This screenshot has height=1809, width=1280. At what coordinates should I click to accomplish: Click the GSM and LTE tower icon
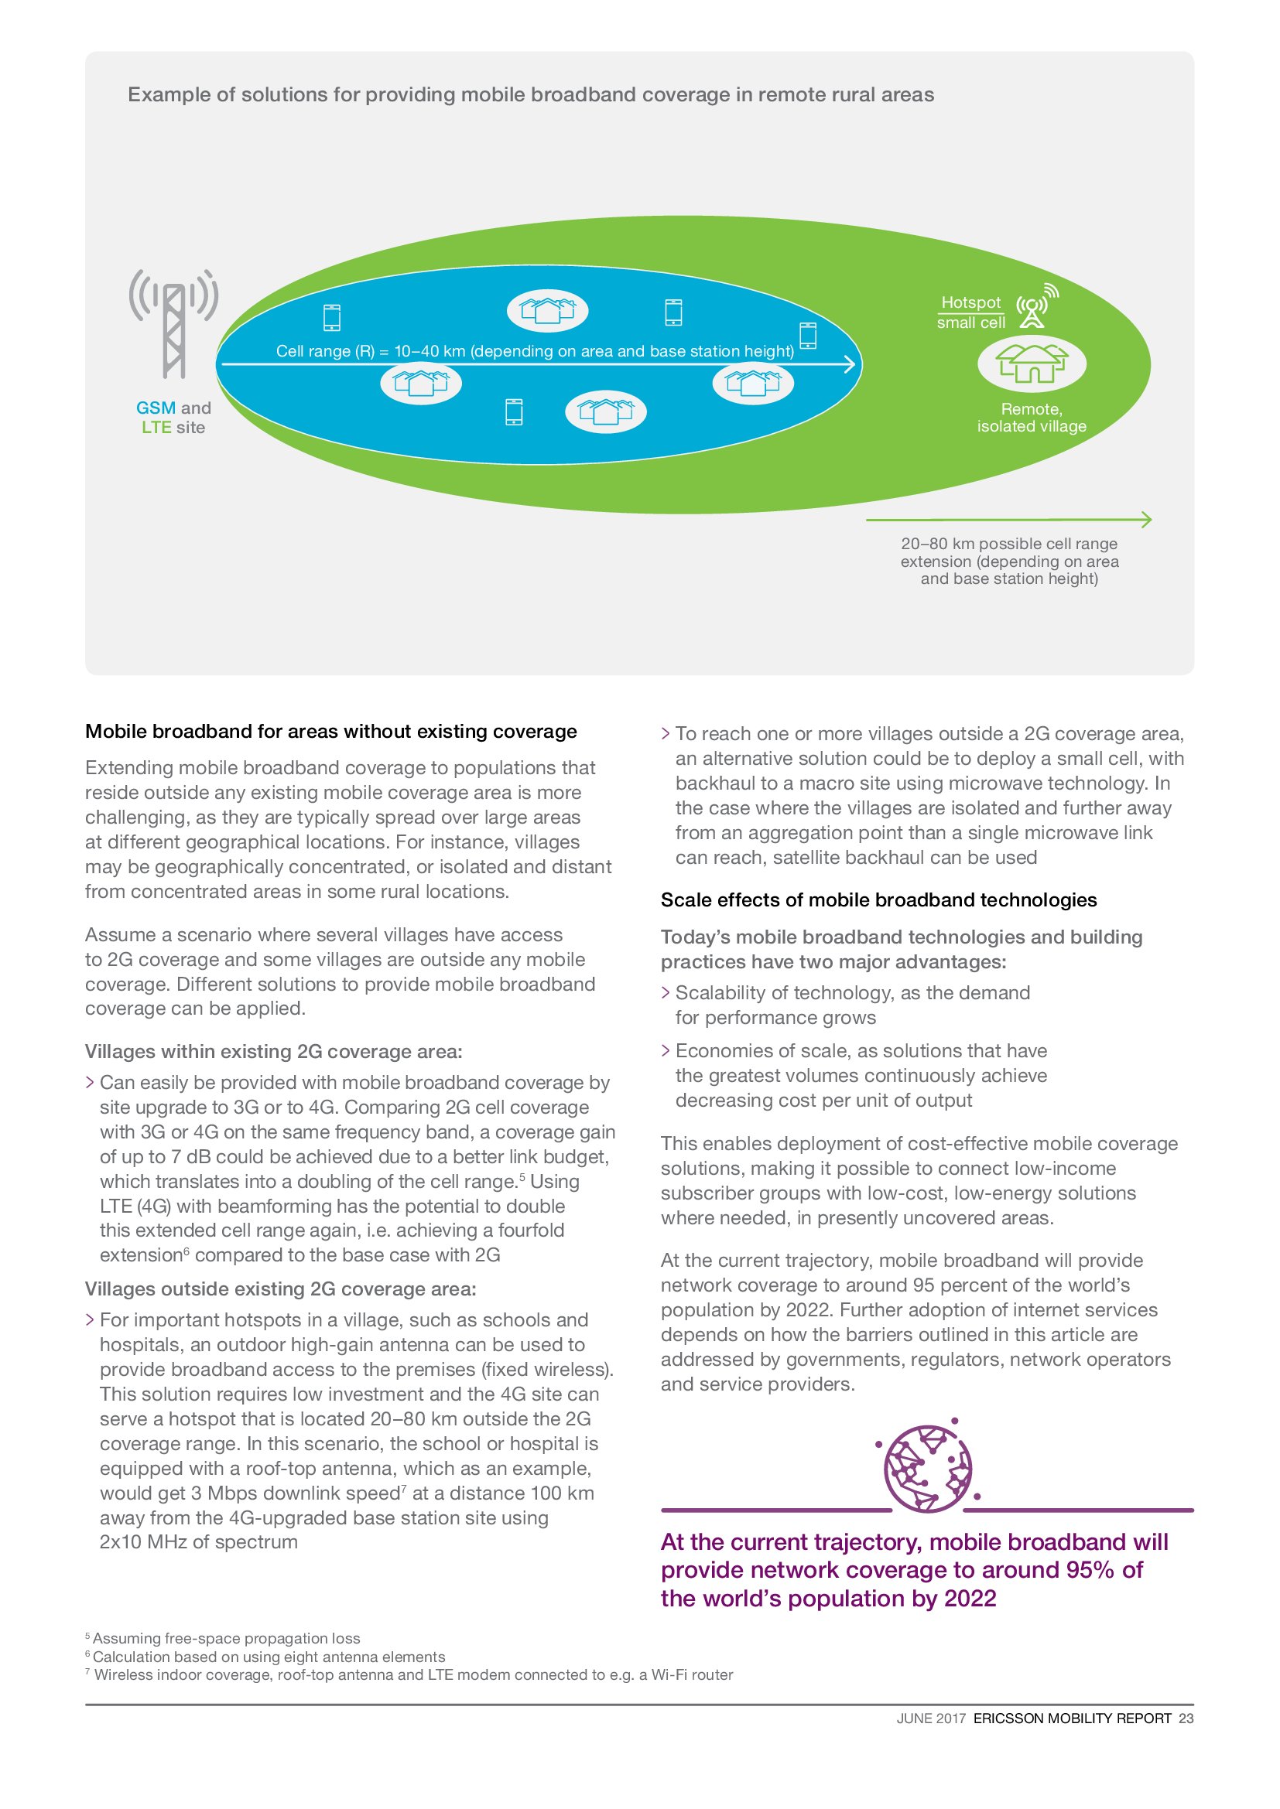(x=173, y=323)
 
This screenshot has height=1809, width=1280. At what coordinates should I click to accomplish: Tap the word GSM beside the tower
(x=156, y=408)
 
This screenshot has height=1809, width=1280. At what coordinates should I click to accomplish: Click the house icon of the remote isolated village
(x=1031, y=364)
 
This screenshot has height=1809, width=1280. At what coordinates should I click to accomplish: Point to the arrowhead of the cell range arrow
(x=850, y=364)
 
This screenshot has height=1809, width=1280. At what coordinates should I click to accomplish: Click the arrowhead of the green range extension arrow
(x=1146, y=519)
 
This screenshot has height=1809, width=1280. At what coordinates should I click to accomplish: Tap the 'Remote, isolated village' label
(x=1031, y=418)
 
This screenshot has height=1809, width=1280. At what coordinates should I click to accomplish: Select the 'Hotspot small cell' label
(x=970, y=312)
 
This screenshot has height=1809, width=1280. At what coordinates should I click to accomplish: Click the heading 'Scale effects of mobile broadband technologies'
(x=878, y=899)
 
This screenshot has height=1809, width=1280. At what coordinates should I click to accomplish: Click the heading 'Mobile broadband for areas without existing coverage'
(x=330, y=731)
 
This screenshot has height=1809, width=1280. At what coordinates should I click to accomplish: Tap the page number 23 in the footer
(x=1186, y=1719)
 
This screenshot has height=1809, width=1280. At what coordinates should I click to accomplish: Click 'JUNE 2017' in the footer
(x=930, y=1719)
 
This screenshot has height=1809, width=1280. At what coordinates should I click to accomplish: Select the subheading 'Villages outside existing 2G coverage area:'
(x=280, y=1289)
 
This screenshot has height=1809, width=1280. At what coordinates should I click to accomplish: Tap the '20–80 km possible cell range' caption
(x=1009, y=544)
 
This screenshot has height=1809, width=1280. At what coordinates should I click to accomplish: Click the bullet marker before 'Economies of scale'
(x=666, y=1051)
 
